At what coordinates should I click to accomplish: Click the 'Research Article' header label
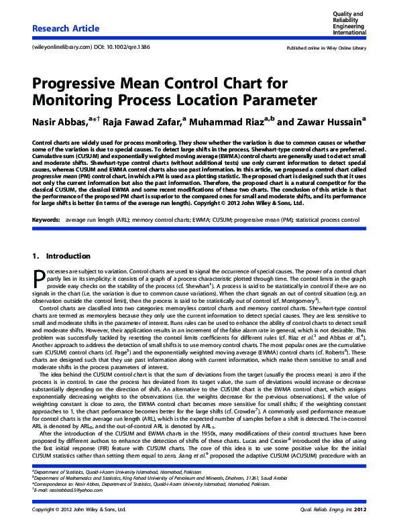(x=66, y=29)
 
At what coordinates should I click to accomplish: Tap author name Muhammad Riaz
(x=225, y=123)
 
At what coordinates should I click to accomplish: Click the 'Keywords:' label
(x=46, y=201)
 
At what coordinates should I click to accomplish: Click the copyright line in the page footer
(x=79, y=510)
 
